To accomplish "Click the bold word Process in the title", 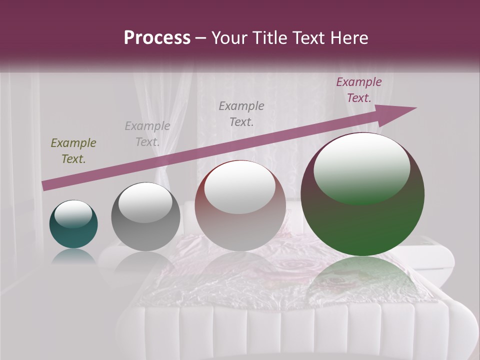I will [x=157, y=38].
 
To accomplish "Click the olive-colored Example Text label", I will [x=73, y=151].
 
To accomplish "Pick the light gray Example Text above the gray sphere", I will [x=147, y=134].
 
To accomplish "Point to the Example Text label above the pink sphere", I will [x=241, y=113].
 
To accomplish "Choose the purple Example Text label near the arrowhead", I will [x=358, y=90].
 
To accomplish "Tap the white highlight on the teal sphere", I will [x=73, y=214].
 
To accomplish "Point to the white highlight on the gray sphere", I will [x=145, y=202].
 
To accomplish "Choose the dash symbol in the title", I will [x=200, y=38].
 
